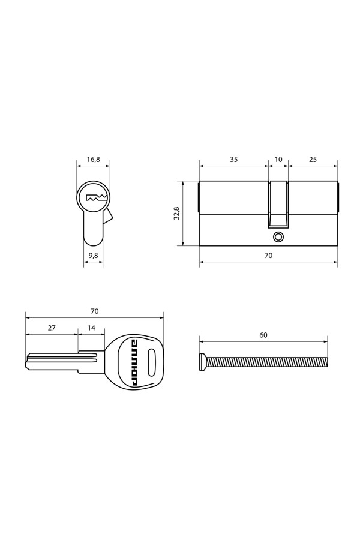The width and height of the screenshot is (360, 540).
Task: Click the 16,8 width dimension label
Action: [93, 160]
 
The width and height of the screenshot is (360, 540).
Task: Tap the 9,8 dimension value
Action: [93, 255]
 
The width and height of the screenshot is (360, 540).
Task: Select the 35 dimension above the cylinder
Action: [233, 160]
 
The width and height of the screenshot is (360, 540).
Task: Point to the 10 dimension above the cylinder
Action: [278, 160]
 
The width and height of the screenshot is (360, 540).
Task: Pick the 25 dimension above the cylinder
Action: [313, 160]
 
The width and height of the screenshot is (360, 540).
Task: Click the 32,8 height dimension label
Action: [177, 213]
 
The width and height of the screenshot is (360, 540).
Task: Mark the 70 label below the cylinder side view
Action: [268, 256]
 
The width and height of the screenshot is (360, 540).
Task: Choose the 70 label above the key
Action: [94, 311]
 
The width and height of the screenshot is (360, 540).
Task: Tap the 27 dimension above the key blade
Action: [52, 328]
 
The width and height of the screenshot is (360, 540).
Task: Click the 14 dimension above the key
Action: [91, 328]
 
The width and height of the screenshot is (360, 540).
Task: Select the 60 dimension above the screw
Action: [263, 335]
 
